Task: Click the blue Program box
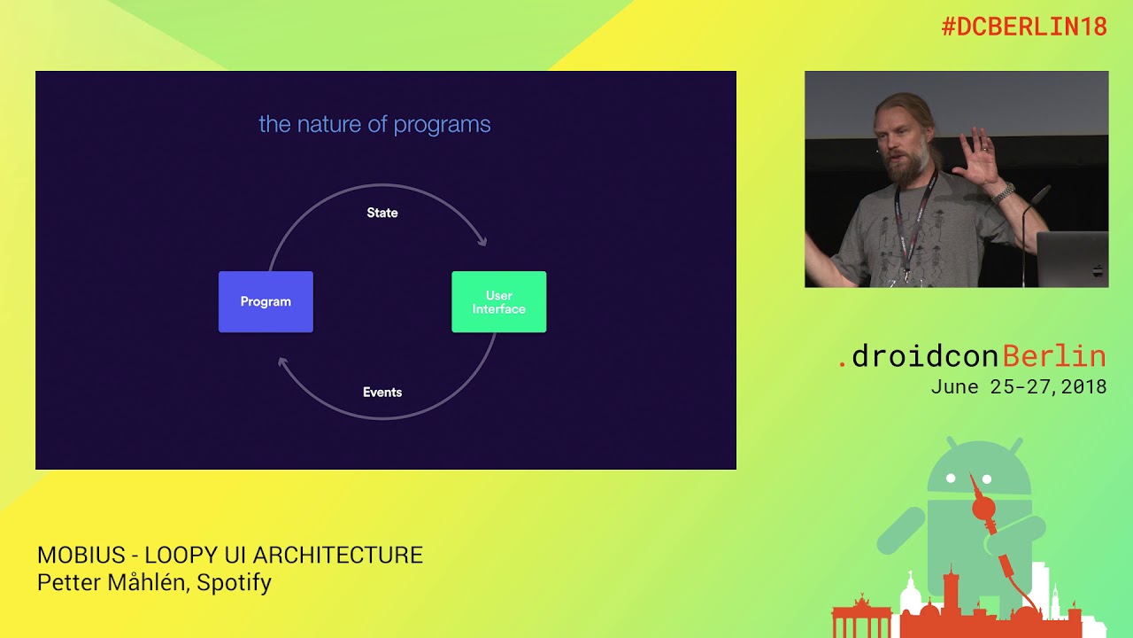coord(266,302)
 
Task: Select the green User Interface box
coord(498,302)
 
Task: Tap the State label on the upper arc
coord(382,213)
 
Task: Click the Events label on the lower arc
coord(382,392)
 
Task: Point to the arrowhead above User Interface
coord(482,240)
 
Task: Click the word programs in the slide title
coord(442,125)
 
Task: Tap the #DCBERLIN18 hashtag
coord(1023,27)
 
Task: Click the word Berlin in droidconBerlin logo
coord(1054,356)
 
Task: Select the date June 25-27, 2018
coord(1018,387)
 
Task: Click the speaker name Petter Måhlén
coord(113,583)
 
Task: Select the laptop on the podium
coord(1072,259)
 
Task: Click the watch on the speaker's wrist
coord(1003,192)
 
